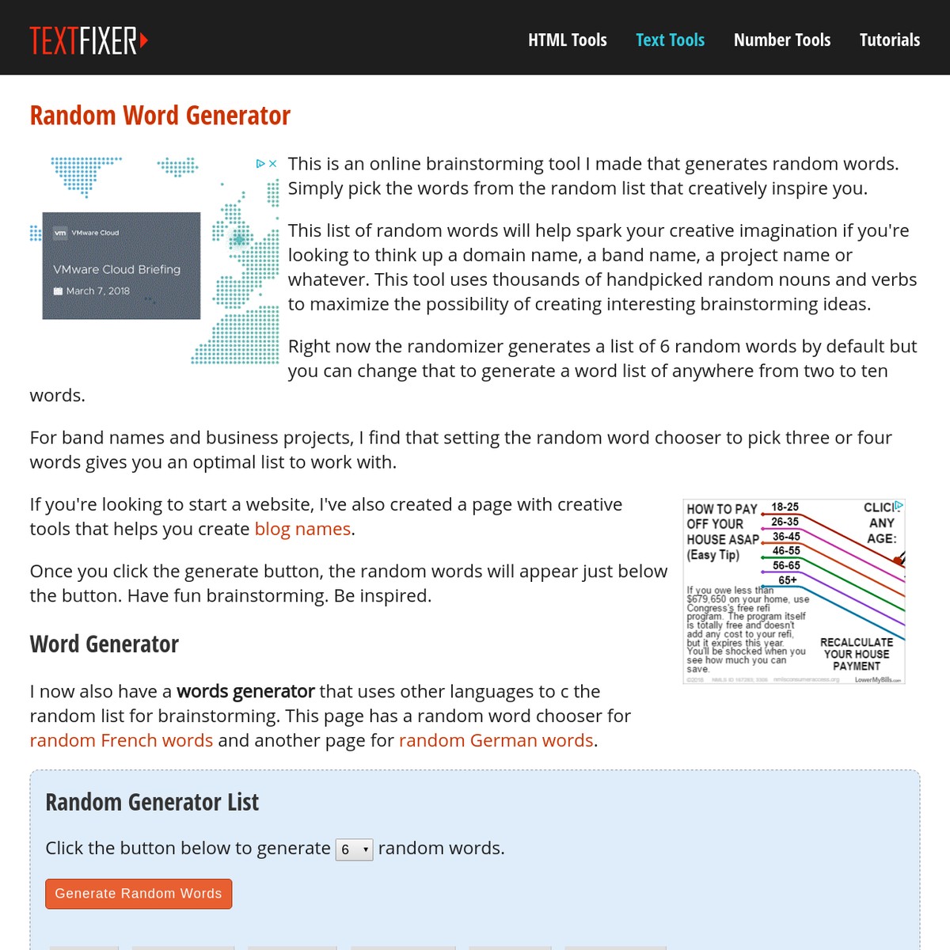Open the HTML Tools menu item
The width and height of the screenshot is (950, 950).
pos(567,40)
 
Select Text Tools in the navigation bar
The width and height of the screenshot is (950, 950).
pos(670,40)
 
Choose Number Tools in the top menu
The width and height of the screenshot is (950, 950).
pos(781,40)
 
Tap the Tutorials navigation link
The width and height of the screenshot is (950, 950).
pos(889,40)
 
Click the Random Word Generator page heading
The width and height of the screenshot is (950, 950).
pos(160,116)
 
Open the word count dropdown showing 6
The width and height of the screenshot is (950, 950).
pos(354,849)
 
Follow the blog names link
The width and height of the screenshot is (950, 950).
pos(302,529)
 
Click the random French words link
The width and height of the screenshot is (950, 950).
pos(121,740)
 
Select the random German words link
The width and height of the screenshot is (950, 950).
pos(496,740)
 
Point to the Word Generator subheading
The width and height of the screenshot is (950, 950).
pos(104,644)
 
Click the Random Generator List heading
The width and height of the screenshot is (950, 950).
pos(152,802)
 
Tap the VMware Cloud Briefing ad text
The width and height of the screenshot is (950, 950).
pos(116,269)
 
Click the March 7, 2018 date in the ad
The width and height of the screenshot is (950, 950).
pos(97,291)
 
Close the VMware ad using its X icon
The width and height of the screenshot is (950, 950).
pos(273,164)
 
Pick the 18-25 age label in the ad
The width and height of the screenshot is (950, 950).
pos(785,507)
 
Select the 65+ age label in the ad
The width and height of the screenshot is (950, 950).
pos(787,580)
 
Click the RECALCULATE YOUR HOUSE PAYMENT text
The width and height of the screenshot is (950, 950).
pos(856,654)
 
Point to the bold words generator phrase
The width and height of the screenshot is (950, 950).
pos(245,691)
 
